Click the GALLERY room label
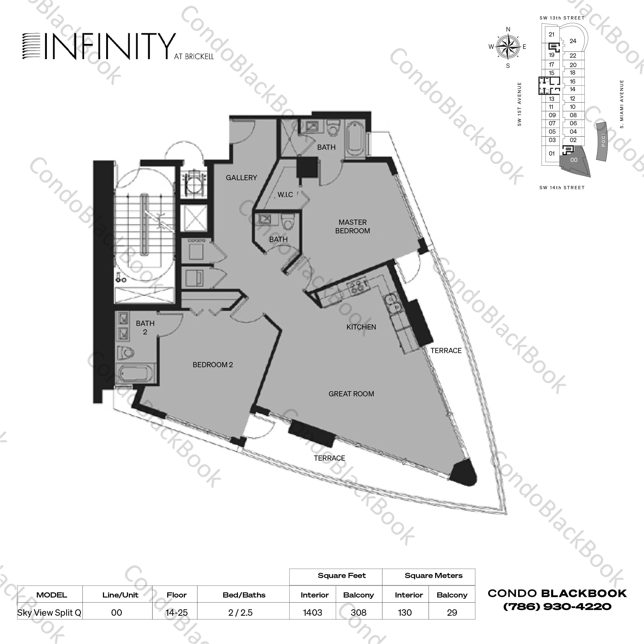click(241, 178)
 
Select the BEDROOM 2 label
click(213, 365)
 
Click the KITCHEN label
click(361, 327)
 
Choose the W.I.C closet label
click(285, 195)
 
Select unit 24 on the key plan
click(573, 41)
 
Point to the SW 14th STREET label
click(562, 187)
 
